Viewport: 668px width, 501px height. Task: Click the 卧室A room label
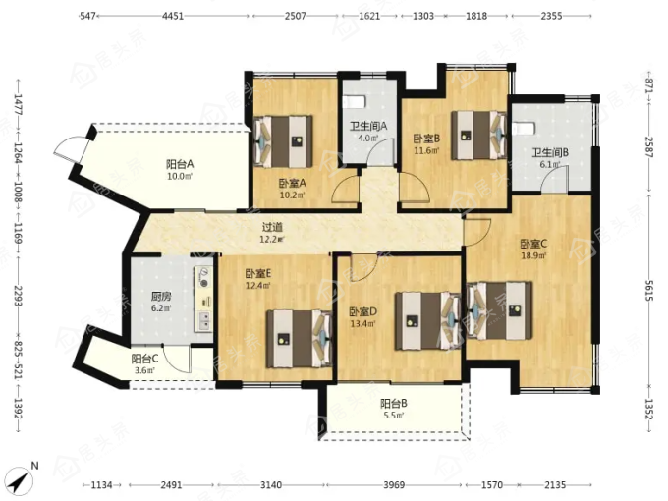(293, 183)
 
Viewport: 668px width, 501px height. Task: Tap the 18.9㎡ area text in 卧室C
(533, 255)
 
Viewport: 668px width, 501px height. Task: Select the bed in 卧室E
(299, 339)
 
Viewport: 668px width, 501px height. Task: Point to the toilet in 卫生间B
(523, 128)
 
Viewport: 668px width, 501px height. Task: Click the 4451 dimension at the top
(173, 16)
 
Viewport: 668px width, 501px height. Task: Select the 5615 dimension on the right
(648, 291)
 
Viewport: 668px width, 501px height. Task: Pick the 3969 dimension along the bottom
(394, 485)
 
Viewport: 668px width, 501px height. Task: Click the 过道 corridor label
(272, 228)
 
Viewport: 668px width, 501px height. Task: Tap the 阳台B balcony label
(394, 403)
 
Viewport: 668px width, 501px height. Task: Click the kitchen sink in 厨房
(204, 321)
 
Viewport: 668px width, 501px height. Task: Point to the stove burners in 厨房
(204, 277)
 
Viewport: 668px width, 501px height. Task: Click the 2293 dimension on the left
(18, 296)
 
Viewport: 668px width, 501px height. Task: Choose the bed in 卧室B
(479, 136)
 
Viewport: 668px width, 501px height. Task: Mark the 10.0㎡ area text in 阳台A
(180, 176)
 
